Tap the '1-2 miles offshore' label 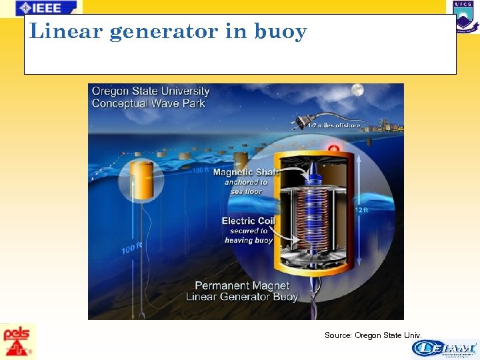point(333,125)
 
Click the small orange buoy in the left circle point(142,180)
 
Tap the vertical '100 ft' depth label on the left point(132,249)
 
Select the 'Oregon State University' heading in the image point(150,91)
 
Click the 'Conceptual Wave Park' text point(148,103)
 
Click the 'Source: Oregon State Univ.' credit point(373,335)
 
